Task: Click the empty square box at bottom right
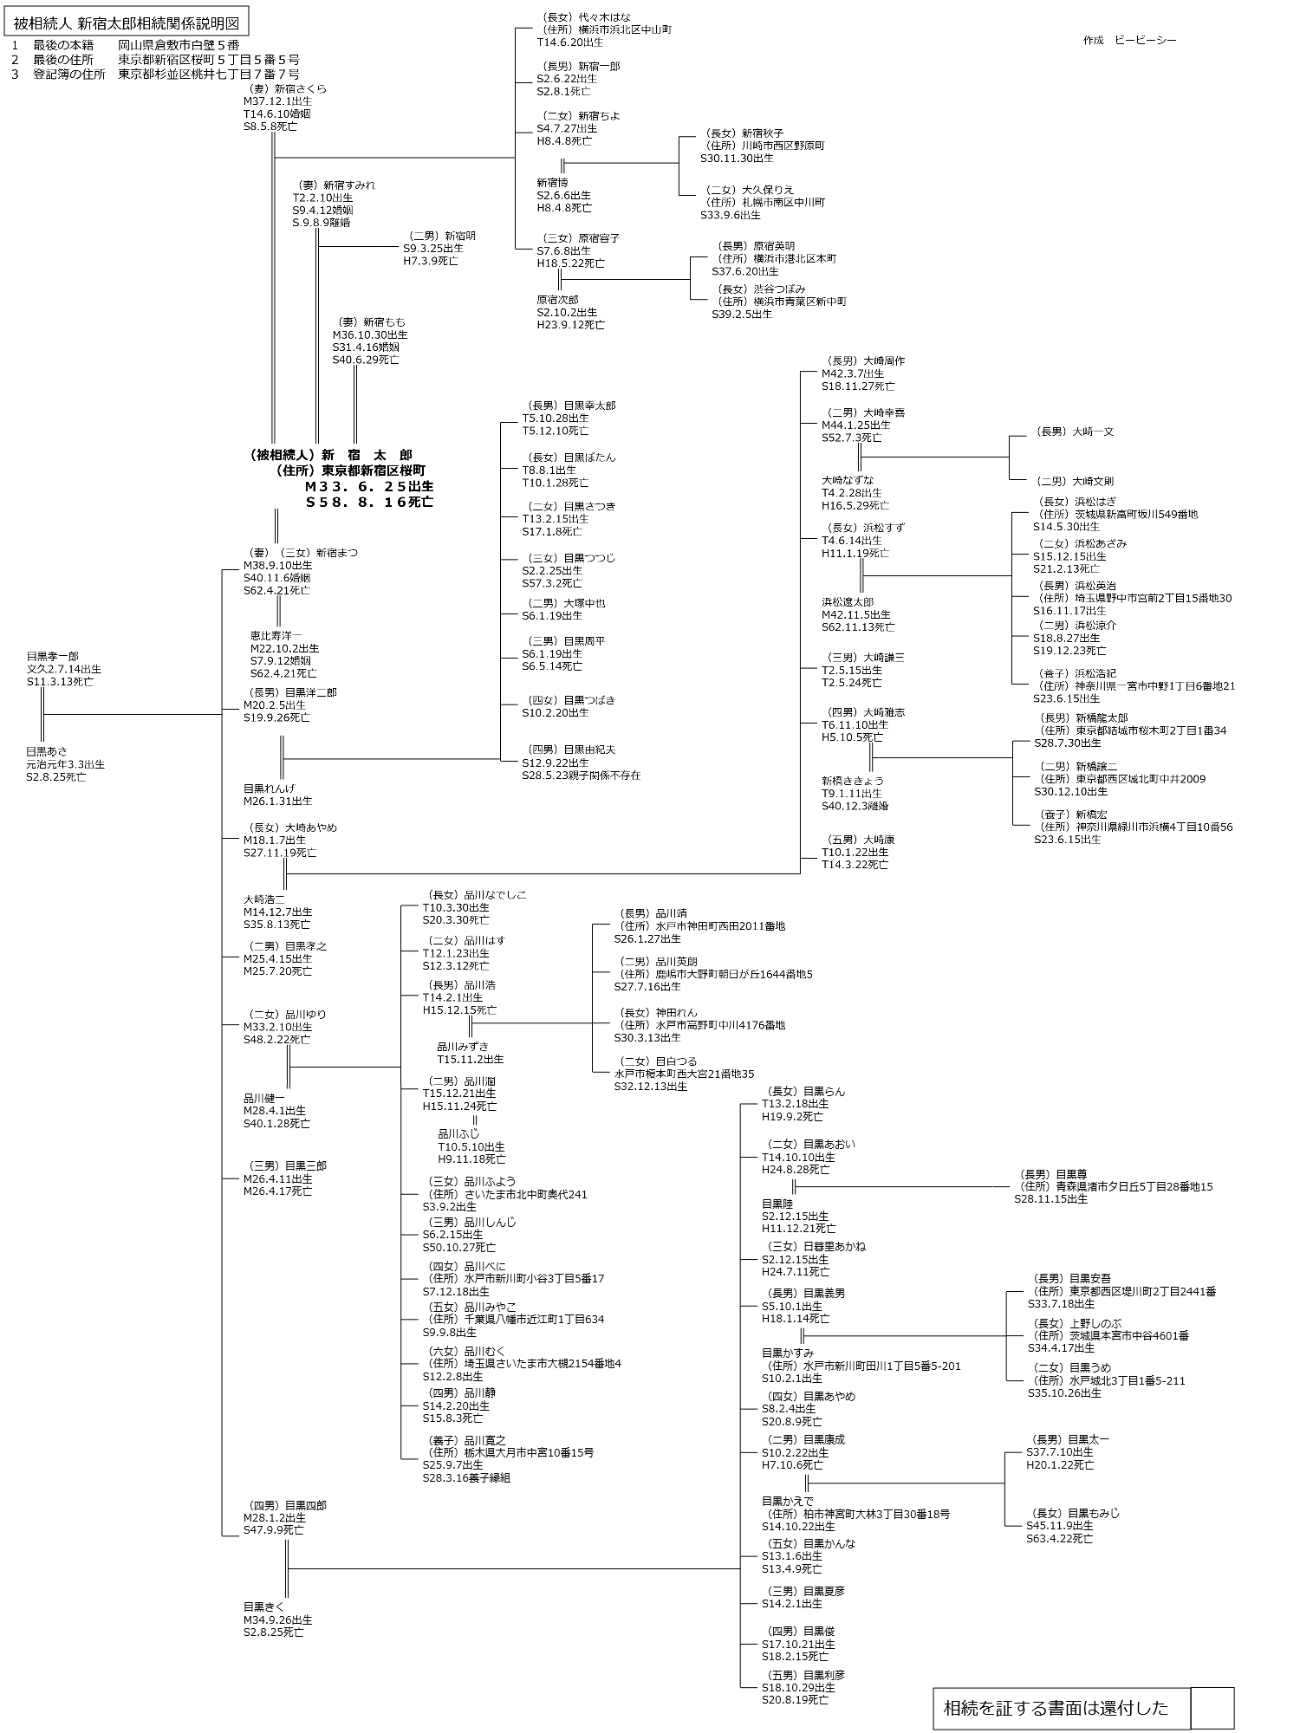1212,1707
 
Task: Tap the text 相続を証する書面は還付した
1056,1708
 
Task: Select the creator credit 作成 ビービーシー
1129,41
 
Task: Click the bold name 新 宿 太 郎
367,455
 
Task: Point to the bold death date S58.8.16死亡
369,502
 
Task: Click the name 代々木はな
616,16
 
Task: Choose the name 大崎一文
1092,432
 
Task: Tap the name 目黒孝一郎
52,656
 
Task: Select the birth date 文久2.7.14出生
63,669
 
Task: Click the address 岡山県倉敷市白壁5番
179,45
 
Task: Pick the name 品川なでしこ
495,894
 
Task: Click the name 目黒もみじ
1093,1513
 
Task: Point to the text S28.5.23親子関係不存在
581,776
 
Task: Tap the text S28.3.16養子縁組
466,1477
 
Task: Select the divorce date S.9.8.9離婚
322,223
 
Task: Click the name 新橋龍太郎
1102,717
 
